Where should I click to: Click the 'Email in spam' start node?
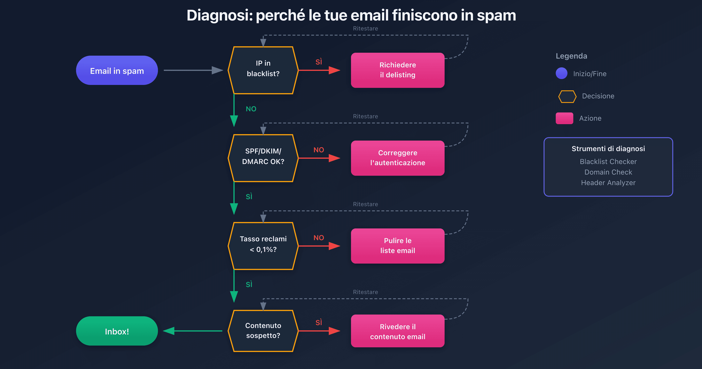coord(117,70)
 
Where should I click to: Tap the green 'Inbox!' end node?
coord(117,331)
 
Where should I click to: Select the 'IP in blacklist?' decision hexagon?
coord(263,70)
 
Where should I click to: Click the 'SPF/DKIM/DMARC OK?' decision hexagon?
coord(263,158)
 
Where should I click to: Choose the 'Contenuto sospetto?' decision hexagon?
coord(263,331)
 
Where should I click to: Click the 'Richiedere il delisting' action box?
coord(398,70)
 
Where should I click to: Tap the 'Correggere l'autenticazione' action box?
coord(398,158)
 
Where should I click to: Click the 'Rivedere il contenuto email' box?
coord(398,331)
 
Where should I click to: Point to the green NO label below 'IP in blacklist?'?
coord(251,109)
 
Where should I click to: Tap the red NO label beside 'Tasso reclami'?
coord(319,238)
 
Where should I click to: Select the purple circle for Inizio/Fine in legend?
coord(561,73)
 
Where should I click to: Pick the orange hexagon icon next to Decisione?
coord(567,96)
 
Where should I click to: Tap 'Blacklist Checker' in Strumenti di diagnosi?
coord(608,162)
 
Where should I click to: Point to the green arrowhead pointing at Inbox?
coord(169,331)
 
